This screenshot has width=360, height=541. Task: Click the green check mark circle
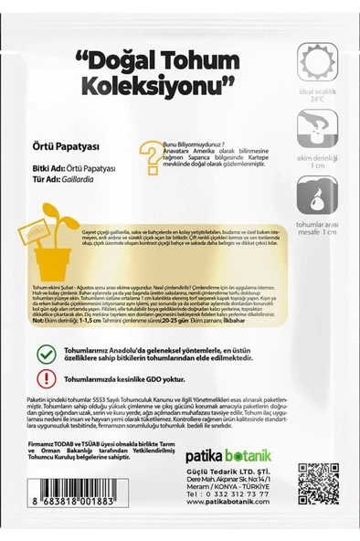[x=44, y=354]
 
